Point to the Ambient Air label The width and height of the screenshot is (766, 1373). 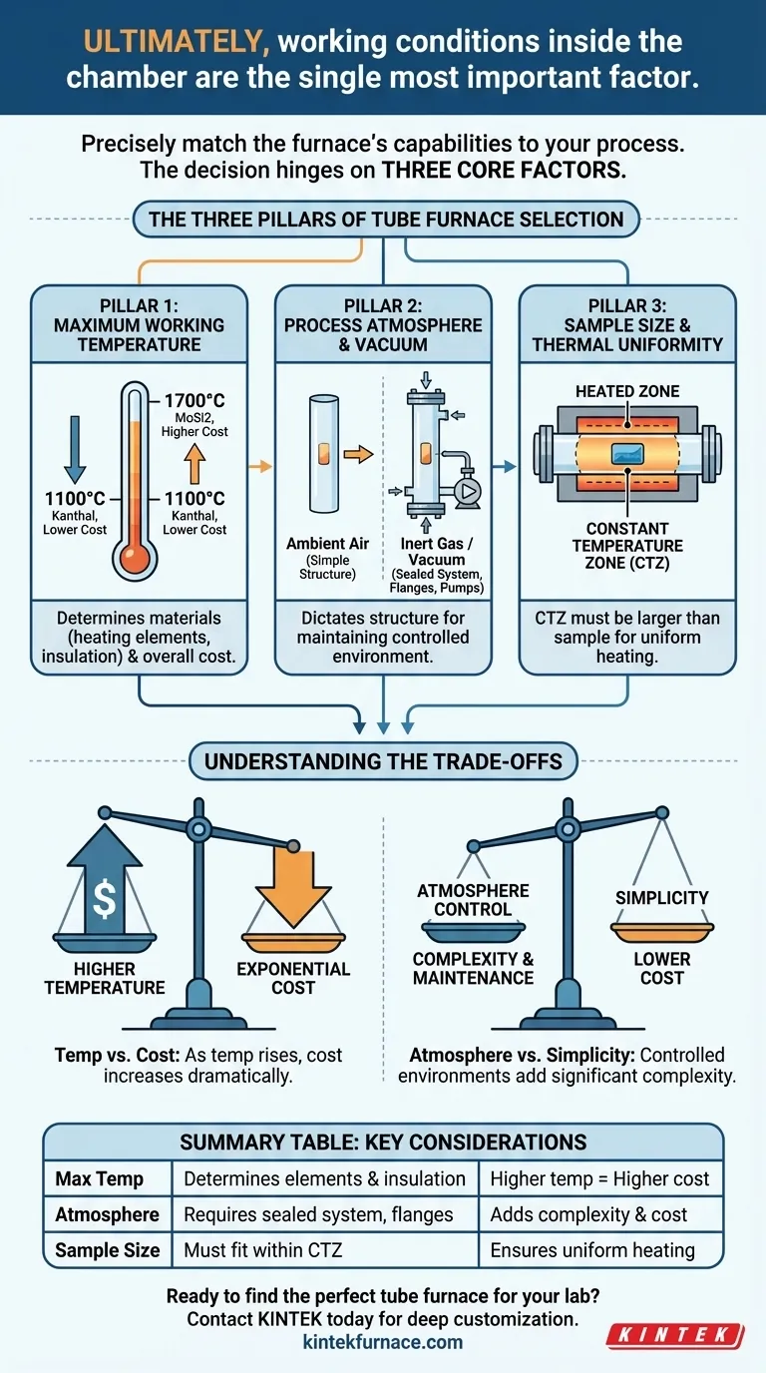tap(327, 544)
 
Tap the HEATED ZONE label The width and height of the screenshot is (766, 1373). tap(627, 391)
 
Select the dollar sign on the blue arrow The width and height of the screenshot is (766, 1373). tap(104, 898)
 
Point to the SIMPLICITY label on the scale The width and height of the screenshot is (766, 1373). tap(661, 898)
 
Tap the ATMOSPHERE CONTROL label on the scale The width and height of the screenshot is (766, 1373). tap(474, 899)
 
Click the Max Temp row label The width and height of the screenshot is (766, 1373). tap(100, 1178)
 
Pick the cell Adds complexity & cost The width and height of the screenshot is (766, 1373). tap(588, 1214)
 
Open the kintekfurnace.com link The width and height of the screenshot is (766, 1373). tap(383, 1342)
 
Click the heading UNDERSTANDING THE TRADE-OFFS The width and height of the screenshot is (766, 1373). tap(383, 762)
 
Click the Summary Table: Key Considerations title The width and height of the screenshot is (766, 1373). tap(383, 1142)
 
